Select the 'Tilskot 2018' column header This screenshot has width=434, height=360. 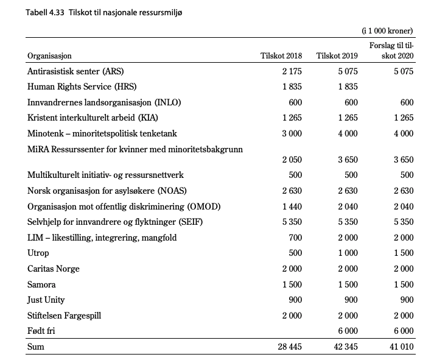(281, 56)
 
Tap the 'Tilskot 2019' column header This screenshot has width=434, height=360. (337, 56)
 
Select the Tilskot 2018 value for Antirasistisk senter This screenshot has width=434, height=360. (292, 71)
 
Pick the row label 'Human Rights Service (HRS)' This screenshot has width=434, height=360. (79, 86)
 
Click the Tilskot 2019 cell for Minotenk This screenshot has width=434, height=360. (348, 133)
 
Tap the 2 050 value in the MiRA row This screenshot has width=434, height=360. (292, 160)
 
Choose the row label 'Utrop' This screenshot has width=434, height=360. (38, 253)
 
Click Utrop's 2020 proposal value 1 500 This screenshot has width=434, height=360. (403, 253)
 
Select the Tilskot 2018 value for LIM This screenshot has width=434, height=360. (295, 238)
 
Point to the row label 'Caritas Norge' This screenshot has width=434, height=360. (54, 269)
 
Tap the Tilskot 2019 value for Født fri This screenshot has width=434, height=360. (348, 331)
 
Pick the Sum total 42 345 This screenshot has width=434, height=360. (345, 347)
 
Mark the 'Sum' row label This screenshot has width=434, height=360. (36, 347)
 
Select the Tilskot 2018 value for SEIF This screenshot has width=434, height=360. (292, 222)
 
